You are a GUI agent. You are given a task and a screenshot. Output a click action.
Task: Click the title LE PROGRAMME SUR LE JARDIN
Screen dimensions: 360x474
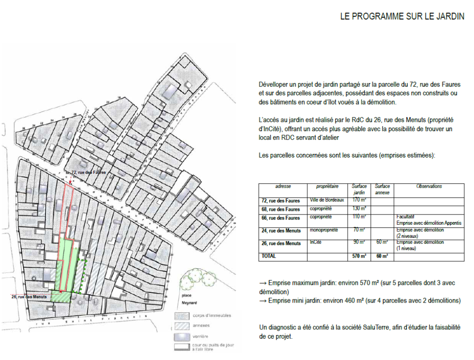click(402, 17)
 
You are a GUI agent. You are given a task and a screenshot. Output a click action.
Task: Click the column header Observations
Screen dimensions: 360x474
click(429, 186)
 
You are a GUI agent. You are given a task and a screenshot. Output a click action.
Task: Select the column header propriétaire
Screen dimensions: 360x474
click(327, 186)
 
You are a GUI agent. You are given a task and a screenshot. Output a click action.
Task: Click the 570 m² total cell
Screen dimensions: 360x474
click(359, 256)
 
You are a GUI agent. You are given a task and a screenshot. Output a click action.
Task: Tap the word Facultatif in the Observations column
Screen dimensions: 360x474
click(405, 216)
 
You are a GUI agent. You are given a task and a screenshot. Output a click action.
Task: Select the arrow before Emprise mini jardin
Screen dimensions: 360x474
click(262, 301)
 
